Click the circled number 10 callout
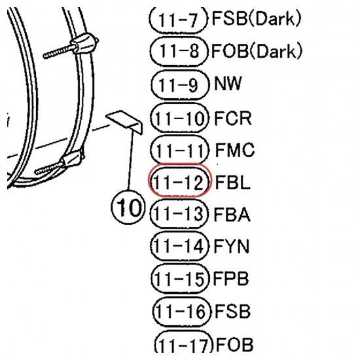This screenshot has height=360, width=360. pos(128,207)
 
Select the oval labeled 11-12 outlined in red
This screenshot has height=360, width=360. pos(179,181)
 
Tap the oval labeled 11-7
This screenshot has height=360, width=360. pos(178,19)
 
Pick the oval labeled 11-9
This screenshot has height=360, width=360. pos(180,84)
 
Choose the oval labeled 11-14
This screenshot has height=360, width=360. pos(180,246)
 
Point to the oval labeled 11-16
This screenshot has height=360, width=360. pos(181,312)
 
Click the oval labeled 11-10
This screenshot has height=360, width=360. pos(179,118)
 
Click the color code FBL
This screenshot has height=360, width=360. pos(232,182)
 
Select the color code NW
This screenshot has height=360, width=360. pos(228,83)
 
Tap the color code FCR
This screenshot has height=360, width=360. pos(232,118)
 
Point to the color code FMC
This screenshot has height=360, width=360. pos(234,150)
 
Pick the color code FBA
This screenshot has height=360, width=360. pos(232,214)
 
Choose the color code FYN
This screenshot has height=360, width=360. pos(232,246)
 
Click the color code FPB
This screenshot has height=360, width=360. pos(231,278)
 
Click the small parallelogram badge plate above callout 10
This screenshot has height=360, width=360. pos(124,122)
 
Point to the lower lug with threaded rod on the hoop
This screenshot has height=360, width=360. pos(59,162)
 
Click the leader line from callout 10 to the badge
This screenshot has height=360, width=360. pos(130,161)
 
